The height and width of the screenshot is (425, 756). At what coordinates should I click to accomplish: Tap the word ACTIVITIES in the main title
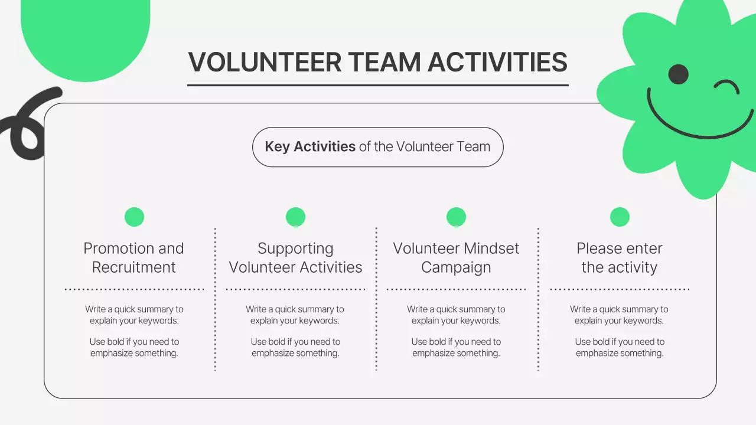[x=497, y=63]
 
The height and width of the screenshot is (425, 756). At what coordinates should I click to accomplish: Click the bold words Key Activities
[x=310, y=146]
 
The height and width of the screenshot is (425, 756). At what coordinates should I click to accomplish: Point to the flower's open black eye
[x=679, y=74]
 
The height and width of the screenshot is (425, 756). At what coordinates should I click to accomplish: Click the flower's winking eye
[x=726, y=87]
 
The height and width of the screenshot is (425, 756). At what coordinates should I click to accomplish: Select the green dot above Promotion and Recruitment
[x=134, y=217]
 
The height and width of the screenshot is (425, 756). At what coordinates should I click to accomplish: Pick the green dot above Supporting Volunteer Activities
[x=295, y=217]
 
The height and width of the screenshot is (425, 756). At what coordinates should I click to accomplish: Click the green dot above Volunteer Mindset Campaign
[x=456, y=217]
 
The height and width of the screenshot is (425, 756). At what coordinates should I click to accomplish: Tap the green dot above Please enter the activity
[x=620, y=217]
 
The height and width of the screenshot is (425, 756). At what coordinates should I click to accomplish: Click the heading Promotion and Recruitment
[x=133, y=257]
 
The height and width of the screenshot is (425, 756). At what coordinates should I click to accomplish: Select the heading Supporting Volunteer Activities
[x=295, y=257]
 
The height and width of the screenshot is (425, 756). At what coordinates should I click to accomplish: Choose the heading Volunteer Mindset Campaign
[x=456, y=257]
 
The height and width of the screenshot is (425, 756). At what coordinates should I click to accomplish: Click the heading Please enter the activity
[x=620, y=257]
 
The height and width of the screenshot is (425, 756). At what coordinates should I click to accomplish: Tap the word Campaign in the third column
[x=456, y=267]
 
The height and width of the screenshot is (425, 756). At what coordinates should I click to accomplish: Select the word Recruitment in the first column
[x=133, y=267]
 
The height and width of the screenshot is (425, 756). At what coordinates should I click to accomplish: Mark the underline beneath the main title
[x=378, y=85]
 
